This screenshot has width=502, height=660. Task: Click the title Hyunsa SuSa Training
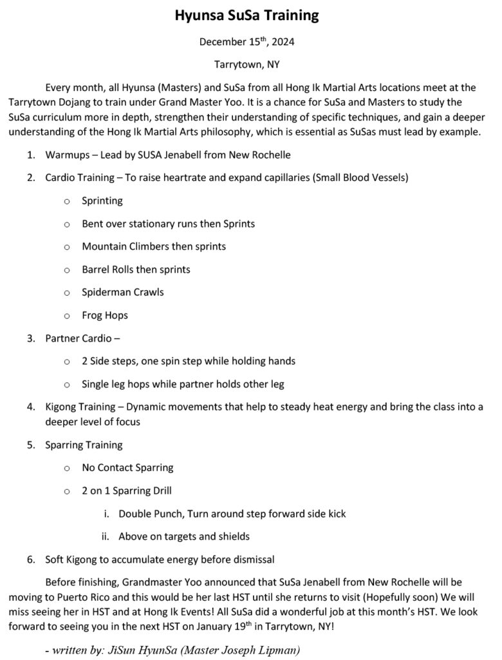pos(247,15)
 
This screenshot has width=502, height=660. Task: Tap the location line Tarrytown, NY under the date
pos(247,64)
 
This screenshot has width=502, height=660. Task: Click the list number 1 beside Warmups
pos(30,155)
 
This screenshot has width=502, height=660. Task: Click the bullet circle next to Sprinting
pos(67,201)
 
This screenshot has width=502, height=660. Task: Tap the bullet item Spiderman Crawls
pos(122,292)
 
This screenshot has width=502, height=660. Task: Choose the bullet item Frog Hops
pos(105,315)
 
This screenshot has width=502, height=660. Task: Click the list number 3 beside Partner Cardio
pos(30,338)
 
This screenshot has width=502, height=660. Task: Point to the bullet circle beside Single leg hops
pos(67,385)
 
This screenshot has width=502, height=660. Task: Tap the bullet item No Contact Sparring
pos(127,467)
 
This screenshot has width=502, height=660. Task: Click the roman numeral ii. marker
pos(106,536)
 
